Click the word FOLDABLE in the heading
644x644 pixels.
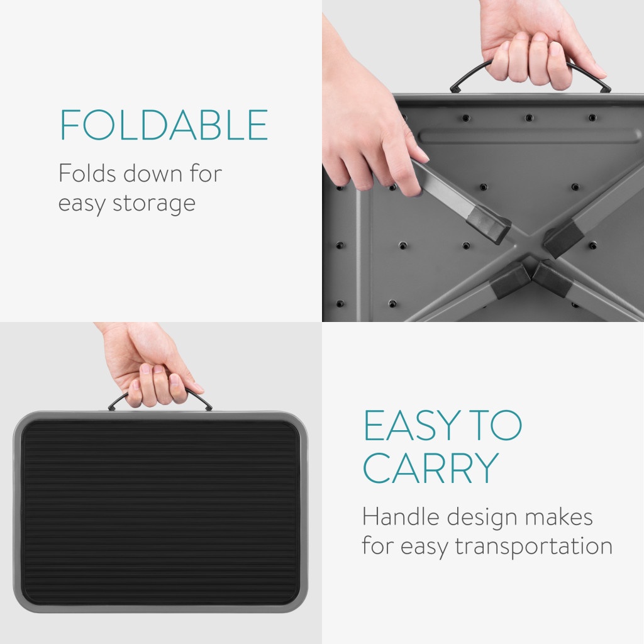(x=164, y=125)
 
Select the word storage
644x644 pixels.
(x=154, y=204)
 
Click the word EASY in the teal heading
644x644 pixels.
(x=411, y=425)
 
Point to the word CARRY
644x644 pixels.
(x=431, y=468)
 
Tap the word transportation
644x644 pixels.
(x=533, y=547)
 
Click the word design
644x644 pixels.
(x=482, y=518)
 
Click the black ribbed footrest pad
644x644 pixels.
(x=160, y=512)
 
